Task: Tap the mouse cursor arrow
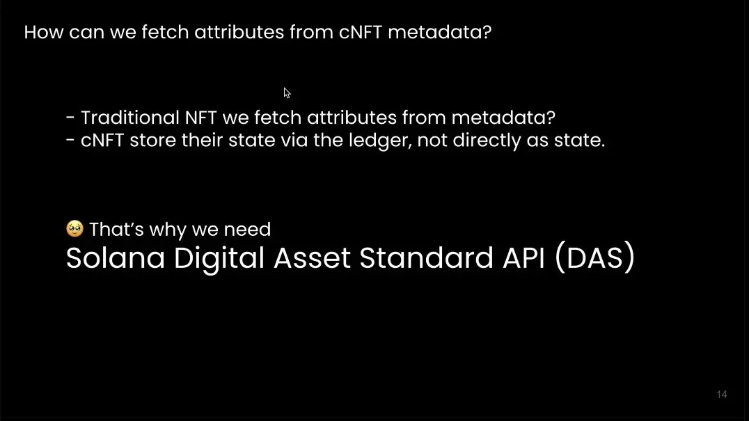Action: (287, 93)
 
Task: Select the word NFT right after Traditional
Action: (200, 118)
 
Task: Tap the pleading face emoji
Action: (74, 229)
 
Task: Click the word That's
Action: (116, 229)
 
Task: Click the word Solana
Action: (115, 257)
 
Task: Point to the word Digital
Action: (219, 259)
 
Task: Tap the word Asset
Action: (312, 257)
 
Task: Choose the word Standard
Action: (426, 257)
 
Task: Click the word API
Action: (523, 257)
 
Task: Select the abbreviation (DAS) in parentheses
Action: (594, 257)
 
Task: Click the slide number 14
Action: (722, 395)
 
